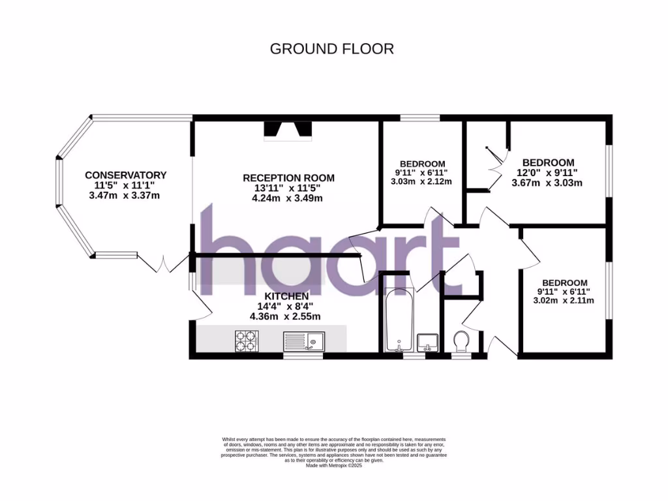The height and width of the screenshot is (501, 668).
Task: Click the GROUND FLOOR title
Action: (x=332, y=49)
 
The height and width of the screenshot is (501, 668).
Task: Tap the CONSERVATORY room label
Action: (x=125, y=175)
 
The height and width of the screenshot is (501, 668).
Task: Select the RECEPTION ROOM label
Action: (x=288, y=177)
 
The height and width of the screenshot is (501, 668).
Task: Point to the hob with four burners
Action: (x=247, y=341)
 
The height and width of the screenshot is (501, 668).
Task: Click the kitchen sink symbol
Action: (x=304, y=341)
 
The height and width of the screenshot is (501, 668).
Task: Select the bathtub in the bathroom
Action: (x=397, y=318)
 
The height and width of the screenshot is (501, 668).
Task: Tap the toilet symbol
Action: (x=461, y=341)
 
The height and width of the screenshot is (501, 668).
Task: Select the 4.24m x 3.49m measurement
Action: (x=288, y=198)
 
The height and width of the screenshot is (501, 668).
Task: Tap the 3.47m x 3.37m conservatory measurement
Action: (x=125, y=195)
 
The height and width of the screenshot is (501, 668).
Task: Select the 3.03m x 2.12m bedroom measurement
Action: (x=421, y=181)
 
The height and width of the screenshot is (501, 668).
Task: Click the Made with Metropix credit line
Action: (x=334, y=465)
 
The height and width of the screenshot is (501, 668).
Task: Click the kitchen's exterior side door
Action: (x=198, y=300)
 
